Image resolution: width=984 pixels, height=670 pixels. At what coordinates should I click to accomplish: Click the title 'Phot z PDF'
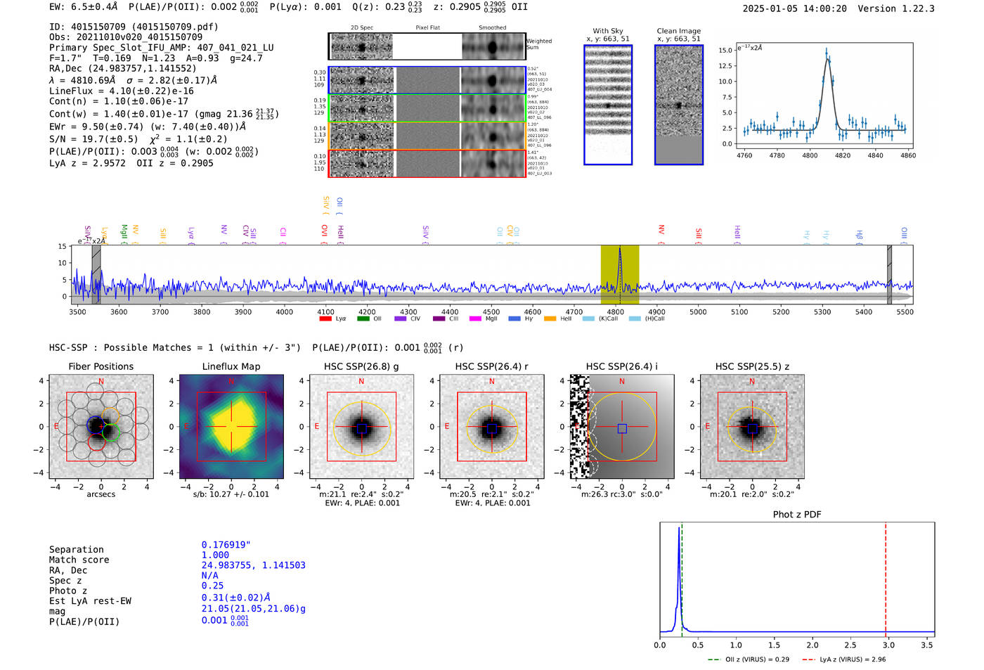click(797, 514)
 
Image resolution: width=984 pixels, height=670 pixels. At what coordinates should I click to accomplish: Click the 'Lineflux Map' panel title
click(231, 366)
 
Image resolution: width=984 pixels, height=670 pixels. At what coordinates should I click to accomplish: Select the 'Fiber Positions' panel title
click(101, 366)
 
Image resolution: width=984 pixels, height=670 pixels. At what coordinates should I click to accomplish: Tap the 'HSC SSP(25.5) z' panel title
click(752, 366)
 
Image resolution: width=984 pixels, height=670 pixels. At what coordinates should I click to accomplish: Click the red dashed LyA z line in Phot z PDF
click(886, 576)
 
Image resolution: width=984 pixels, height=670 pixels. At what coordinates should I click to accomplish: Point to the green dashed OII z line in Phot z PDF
click(682, 576)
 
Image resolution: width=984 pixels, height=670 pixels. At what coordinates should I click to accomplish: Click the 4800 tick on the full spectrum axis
click(616, 311)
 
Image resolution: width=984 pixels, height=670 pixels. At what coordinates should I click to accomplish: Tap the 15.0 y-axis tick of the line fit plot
click(725, 51)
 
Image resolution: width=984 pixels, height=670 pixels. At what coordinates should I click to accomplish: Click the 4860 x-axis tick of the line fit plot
click(908, 155)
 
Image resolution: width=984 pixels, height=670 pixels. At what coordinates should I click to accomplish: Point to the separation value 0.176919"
click(226, 545)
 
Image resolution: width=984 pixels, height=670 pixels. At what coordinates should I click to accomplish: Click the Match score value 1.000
click(215, 555)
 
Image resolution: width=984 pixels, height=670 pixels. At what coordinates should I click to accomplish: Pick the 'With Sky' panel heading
click(607, 31)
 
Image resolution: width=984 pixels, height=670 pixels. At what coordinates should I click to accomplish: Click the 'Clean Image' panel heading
click(678, 31)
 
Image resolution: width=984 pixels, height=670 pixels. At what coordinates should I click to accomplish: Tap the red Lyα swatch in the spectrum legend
click(325, 318)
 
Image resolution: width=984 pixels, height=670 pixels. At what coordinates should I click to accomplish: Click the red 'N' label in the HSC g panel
click(361, 381)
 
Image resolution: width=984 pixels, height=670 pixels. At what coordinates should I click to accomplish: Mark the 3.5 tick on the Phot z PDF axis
click(927, 645)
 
